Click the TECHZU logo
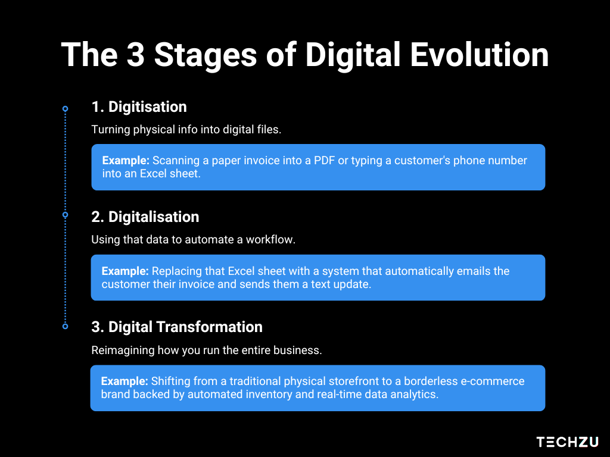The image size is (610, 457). (567, 442)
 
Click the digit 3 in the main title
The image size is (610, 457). (136, 55)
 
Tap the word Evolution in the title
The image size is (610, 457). (480, 55)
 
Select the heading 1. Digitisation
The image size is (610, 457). (139, 107)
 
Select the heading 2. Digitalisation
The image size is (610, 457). (145, 217)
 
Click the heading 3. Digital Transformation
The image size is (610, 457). (176, 327)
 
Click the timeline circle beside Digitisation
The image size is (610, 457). (66, 109)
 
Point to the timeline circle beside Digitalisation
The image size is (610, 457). (66, 214)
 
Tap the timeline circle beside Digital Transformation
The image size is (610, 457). (66, 327)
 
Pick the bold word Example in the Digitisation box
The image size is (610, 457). (126, 161)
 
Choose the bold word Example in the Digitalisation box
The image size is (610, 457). (125, 271)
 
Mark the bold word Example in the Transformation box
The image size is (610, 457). (125, 381)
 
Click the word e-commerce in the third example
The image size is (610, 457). (493, 381)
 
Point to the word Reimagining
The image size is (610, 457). (123, 350)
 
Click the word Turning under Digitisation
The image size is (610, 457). (110, 129)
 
